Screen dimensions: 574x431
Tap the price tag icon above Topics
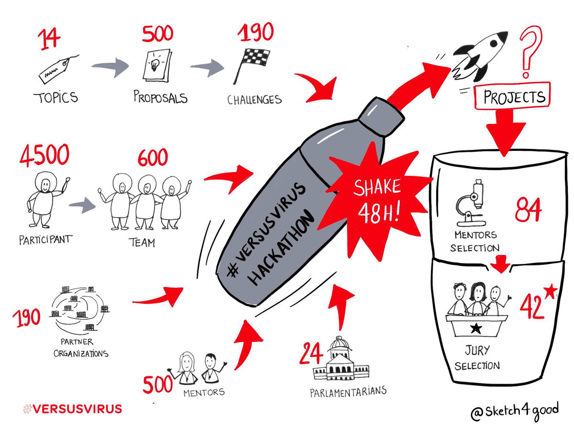58,69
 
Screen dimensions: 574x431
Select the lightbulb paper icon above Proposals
157,65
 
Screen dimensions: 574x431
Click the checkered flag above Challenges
252,66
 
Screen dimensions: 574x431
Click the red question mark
531,52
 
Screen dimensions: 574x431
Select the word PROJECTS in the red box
514,97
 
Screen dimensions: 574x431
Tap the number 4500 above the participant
44,156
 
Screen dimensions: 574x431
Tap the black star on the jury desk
476,328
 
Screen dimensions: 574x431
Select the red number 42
532,306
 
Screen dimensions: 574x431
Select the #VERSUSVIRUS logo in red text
72,409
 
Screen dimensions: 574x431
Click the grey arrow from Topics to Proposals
110,67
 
